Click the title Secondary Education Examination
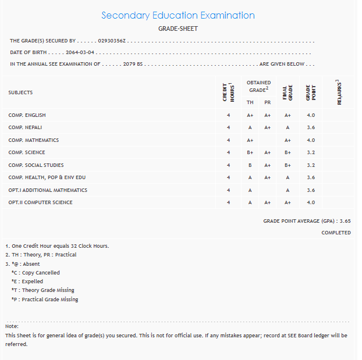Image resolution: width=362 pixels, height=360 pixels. (x=178, y=16)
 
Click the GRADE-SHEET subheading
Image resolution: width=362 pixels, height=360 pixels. (x=178, y=28)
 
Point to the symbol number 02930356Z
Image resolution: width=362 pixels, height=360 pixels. (x=113, y=41)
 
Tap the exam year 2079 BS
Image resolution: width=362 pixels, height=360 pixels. (x=133, y=64)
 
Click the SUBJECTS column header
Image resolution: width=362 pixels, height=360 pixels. (x=20, y=92)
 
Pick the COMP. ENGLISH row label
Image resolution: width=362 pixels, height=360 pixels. (x=27, y=115)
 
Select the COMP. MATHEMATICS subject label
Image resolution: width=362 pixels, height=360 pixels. (x=33, y=140)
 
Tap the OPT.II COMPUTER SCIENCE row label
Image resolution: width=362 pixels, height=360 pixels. (x=40, y=202)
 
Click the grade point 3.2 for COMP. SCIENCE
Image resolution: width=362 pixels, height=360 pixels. (x=311, y=152)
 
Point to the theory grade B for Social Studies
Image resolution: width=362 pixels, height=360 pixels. (x=250, y=165)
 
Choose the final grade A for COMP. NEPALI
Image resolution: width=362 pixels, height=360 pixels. (x=288, y=127)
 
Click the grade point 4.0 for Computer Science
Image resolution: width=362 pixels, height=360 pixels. (x=311, y=202)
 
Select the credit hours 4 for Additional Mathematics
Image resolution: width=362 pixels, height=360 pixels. (x=229, y=190)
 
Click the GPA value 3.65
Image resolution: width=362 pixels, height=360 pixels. (x=345, y=221)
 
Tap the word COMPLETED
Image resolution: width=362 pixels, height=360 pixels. (x=336, y=233)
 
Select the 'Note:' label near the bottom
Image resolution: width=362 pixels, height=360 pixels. (x=12, y=327)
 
